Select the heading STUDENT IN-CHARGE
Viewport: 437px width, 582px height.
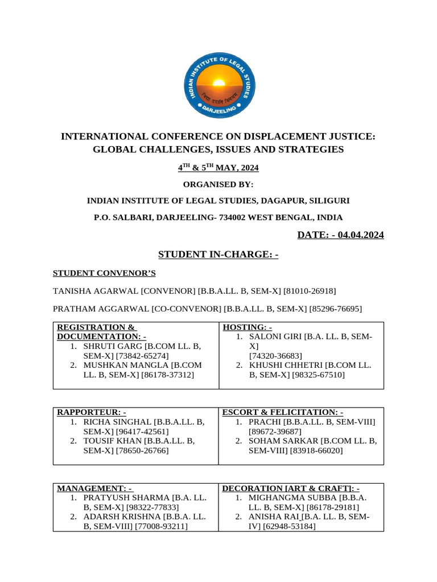tap(218, 255)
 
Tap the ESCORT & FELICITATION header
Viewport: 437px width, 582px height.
tap(282, 412)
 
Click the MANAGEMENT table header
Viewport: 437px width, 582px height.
tap(94, 488)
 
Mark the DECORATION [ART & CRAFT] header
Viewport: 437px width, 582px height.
tap(290, 488)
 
